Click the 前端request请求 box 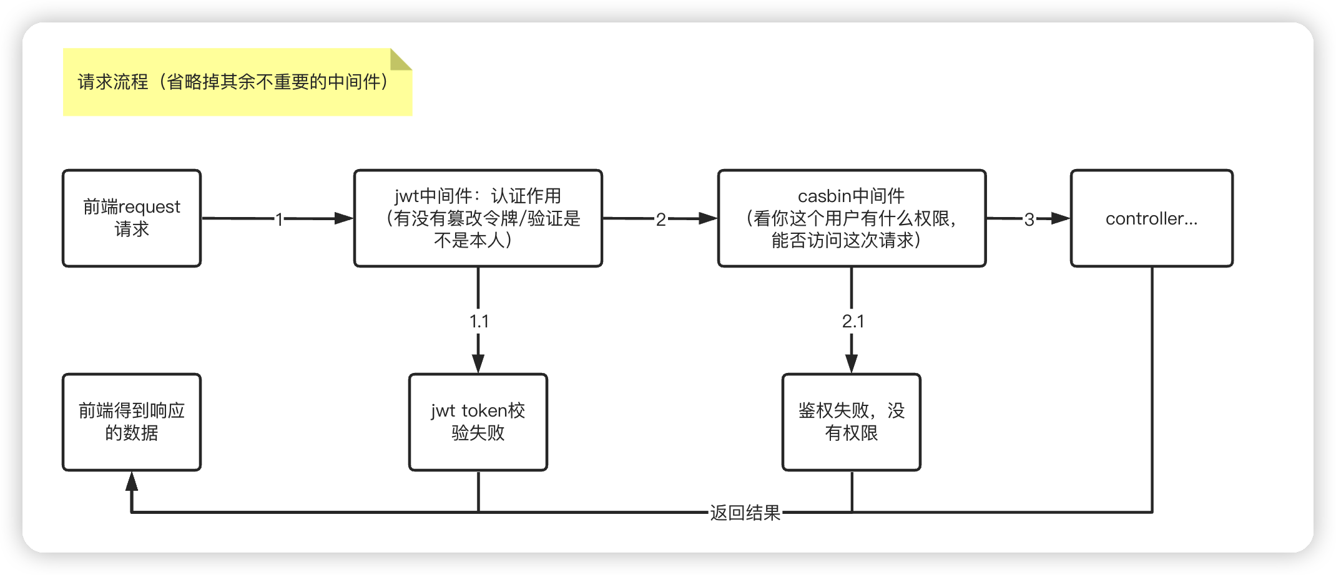click(x=132, y=218)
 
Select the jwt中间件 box click(x=478, y=218)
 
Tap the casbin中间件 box click(x=852, y=218)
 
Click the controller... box click(x=1151, y=218)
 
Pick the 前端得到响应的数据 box click(x=132, y=422)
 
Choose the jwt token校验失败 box click(x=478, y=422)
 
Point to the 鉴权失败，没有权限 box click(x=851, y=422)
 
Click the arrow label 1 click(x=279, y=219)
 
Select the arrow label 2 click(x=661, y=219)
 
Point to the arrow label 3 click(x=1029, y=219)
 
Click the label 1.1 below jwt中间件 click(x=479, y=321)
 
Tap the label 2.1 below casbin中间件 click(x=853, y=321)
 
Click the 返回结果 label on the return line click(x=745, y=513)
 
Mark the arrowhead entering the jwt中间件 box click(x=344, y=218)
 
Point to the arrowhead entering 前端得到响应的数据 click(x=132, y=481)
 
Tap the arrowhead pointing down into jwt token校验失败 click(x=478, y=364)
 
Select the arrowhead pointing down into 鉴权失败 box click(x=852, y=364)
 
